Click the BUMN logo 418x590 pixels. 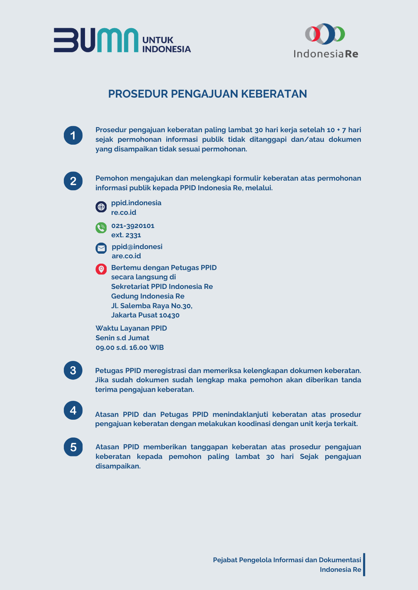(96, 40)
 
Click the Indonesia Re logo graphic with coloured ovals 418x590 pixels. (325, 34)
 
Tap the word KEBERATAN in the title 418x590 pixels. (274, 94)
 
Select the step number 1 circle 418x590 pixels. (73, 135)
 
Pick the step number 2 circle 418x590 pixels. (73, 181)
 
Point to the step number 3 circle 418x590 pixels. (73, 371)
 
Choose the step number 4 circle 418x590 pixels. (73, 410)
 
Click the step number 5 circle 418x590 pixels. (73, 447)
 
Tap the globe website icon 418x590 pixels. (101, 207)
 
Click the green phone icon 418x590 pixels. (101, 228)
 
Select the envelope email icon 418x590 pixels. (101, 248)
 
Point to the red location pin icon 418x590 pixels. (101, 269)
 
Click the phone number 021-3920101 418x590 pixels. (133, 226)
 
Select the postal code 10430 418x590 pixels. (169, 315)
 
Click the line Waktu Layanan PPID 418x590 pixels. (131, 328)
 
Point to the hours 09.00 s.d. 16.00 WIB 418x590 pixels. (130, 347)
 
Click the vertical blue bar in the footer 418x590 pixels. (364, 564)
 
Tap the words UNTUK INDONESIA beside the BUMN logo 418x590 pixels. (166, 45)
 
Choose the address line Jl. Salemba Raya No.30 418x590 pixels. (152, 306)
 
